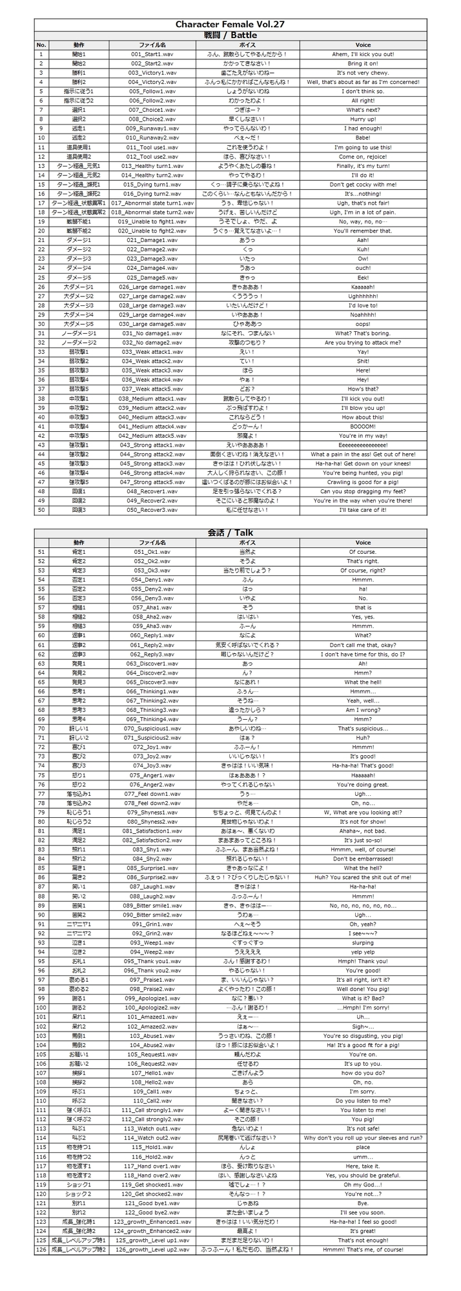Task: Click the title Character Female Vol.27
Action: pyautogui.click(x=230, y=25)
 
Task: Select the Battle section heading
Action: pyautogui.click(x=230, y=35)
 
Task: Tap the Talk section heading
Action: pyautogui.click(x=230, y=533)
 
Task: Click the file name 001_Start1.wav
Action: pyautogui.click(x=152, y=54)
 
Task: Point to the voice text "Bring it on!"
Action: pyautogui.click(x=363, y=63)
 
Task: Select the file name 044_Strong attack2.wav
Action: pyautogui.click(x=152, y=454)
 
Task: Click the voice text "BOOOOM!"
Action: pyautogui.click(x=363, y=426)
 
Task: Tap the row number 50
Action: pyautogui.click(x=41, y=510)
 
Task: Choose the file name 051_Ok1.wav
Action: pyautogui.click(x=152, y=552)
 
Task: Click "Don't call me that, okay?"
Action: pyautogui.click(x=363, y=645)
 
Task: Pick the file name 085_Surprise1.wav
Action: pyautogui.click(x=152, y=868)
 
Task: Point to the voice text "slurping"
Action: pyautogui.click(x=363, y=942)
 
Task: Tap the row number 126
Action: pyautogui.click(x=41, y=1250)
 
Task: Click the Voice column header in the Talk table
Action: pyautogui.click(x=363, y=543)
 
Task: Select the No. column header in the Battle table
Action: pyautogui.click(x=41, y=45)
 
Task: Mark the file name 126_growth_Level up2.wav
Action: pyautogui.click(x=152, y=1250)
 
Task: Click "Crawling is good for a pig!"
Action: pyautogui.click(x=363, y=482)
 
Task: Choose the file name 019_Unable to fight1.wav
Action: pyautogui.click(x=152, y=221)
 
